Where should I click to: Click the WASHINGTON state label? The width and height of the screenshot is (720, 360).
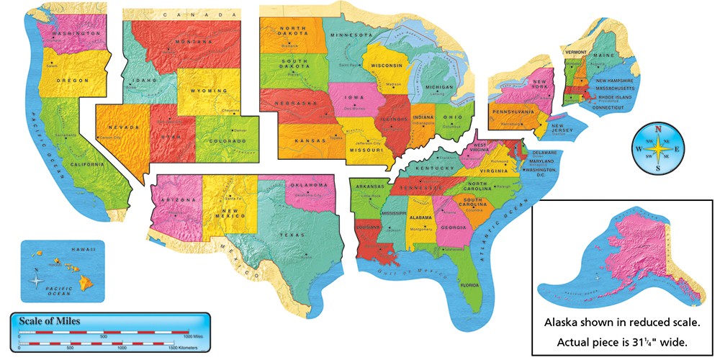coord(73,34)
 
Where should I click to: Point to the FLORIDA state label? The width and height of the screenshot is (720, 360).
coord(469,285)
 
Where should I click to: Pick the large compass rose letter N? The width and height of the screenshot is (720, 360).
coord(657,130)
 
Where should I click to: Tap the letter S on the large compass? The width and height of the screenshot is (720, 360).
coord(657,168)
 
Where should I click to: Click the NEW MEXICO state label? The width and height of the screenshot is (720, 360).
coord(229,211)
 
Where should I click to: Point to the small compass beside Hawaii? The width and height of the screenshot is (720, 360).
coord(37,276)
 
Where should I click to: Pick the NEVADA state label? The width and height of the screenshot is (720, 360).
coord(124,127)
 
